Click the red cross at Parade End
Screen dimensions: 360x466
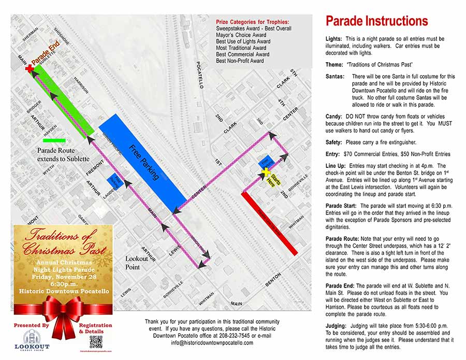click(29, 69)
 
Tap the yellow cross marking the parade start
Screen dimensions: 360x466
click(266, 172)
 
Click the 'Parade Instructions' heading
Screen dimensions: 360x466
click(376, 21)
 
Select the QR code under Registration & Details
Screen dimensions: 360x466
click(95, 341)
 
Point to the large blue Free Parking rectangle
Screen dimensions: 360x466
click(142, 161)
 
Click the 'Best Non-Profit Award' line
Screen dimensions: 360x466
click(240, 61)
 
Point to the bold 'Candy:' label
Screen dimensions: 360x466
click(334, 117)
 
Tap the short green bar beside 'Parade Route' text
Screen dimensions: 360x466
click(55, 140)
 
